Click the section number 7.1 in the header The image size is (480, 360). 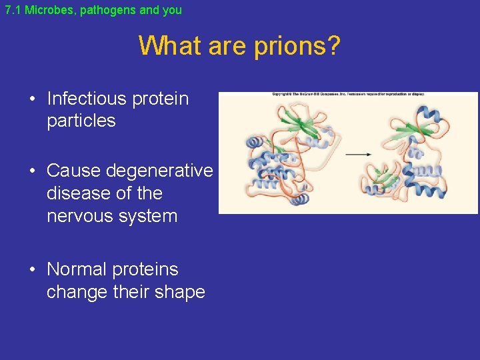(13, 10)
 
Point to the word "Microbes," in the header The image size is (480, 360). (51, 10)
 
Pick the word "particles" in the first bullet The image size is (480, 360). (81, 121)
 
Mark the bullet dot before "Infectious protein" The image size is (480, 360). (32, 99)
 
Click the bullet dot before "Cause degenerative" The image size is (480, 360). (32, 171)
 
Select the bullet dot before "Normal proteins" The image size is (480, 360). (32, 270)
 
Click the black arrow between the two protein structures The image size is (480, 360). (359, 154)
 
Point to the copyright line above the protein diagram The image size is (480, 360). (348, 94)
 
